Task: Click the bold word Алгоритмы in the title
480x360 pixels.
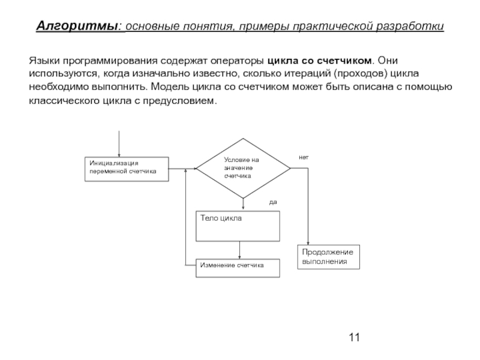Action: coord(78,27)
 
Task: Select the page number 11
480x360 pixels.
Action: coord(353,337)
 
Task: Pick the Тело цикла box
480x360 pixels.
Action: coord(238,225)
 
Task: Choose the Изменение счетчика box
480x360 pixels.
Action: coord(238,268)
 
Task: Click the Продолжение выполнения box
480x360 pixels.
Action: coord(328,257)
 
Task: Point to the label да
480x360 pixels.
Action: coord(273,202)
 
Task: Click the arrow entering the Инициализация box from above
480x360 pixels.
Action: coord(120,144)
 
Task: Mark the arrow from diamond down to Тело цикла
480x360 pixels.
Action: coord(244,204)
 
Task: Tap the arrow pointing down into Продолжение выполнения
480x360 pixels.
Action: coord(307,210)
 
